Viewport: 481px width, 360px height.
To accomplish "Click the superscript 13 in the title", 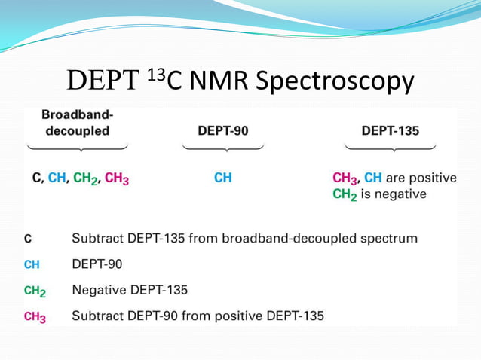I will (x=155, y=73).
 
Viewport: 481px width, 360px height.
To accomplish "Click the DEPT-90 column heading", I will (x=222, y=130).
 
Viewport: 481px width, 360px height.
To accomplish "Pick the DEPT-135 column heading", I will (x=390, y=130).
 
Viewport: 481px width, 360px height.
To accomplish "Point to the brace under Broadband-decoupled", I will (x=78, y=145).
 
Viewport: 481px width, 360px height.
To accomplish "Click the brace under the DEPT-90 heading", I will (x=222, y=145).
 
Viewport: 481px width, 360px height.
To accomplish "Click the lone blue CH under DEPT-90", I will (x=222, y=178).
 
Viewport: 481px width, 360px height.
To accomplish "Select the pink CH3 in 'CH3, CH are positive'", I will (x=345, y=178).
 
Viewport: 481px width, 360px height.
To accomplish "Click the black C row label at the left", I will (x=28, y=239).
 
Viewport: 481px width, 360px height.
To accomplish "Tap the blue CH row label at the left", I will (x=32, y=264).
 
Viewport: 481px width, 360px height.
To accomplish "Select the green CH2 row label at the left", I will (x=35, y=290).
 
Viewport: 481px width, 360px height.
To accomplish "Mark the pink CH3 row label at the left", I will (x=35, y=316).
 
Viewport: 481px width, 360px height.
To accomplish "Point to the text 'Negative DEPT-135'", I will (x=129, y=289).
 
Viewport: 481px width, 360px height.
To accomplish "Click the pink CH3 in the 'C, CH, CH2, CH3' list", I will (x=116, y=179).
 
